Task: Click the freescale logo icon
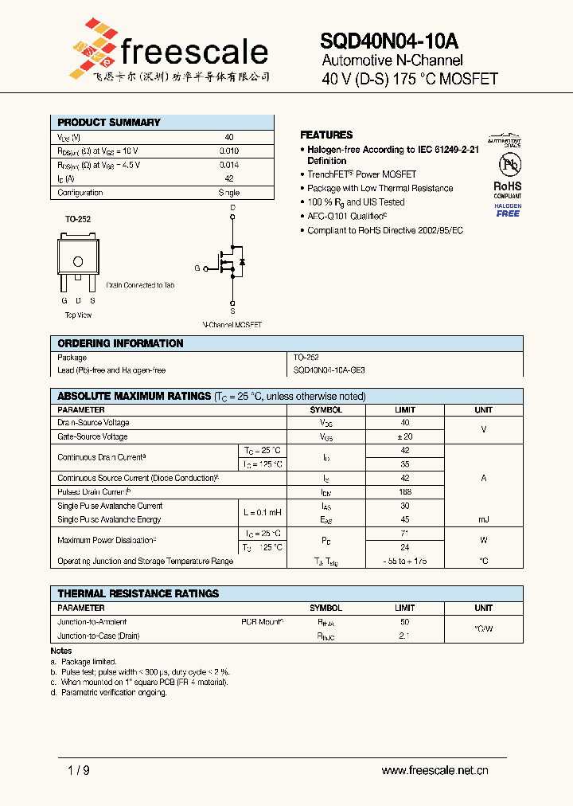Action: tap(92, 45)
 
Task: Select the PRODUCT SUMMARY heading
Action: tap(109, 123)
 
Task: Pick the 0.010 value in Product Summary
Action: tap(228, 151)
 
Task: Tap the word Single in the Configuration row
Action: tap(228, 193)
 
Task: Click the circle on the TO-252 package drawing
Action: tap(78, 261)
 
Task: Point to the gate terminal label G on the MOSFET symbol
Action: tap(197, 268)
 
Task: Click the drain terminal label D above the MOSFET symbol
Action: tap(232, 208)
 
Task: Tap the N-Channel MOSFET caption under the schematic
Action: tap(232, 325)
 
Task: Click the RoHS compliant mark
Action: tap(508, 186)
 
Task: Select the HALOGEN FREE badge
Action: tap(508, 210)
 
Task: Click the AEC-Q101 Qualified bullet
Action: tap(347, 216)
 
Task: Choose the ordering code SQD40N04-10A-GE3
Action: tap(329, 370)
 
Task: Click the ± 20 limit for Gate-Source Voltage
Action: tap(405, 436)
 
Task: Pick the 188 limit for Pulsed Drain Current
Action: tap(405, 491)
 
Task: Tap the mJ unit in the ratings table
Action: tap(483, 519)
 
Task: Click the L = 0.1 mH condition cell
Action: tap(263, 512)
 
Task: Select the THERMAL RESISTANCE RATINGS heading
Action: tap(138, 593)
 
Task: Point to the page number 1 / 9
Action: tap(78, 770)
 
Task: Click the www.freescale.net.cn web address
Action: tap(435, 770)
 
